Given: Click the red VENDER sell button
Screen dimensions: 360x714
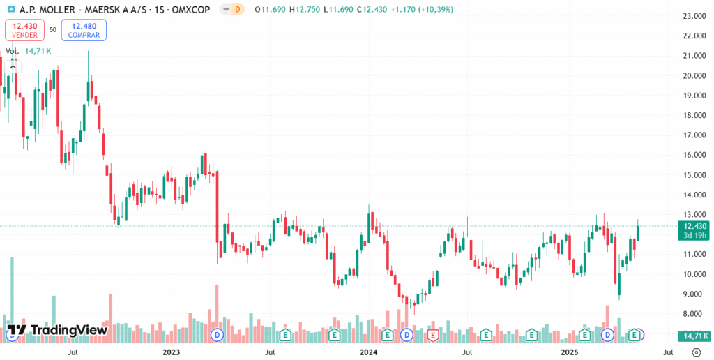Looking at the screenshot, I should [x=24, y=30].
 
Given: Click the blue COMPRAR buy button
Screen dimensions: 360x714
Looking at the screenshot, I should [x=84, y=30].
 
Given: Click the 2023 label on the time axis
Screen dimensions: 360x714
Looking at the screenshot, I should [x=172, y=353].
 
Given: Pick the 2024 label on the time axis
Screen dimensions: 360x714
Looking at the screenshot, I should [x=370, y=353].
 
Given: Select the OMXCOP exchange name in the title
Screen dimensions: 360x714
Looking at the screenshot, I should [x=192, y=10].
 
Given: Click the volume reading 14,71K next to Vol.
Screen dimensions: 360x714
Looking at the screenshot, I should [x=39, y=51].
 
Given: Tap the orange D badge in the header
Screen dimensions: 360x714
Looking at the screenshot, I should [x=238, y=10].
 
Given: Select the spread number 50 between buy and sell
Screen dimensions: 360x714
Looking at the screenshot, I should [x=53, y=30].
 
